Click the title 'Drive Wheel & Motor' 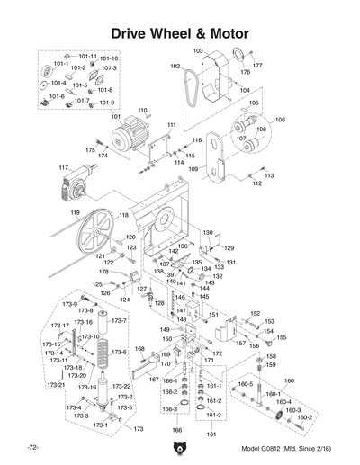coord(179,33)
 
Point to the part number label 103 coord(198,51)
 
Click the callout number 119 coord(64,212)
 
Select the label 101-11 coord(87,56)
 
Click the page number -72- coord(33,447)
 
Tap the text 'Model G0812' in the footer coord(262,447)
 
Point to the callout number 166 coord(176,430)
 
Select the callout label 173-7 coord(118,321)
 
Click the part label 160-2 coord(304,417)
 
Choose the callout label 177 coord(256,66)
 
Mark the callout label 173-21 coord(57,385)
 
